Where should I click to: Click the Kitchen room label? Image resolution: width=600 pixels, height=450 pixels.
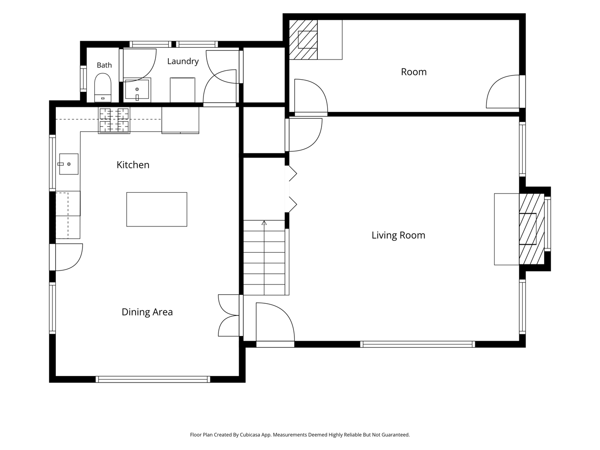[x=133, y=165]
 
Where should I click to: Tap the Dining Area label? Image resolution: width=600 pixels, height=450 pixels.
[x=147, y=312]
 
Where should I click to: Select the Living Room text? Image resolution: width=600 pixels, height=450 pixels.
[x=398, y=235]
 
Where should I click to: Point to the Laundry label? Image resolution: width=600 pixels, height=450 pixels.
[x=183, y=61]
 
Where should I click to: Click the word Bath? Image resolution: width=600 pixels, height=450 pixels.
[x=104, y=65]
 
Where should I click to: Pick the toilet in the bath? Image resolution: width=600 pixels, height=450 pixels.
[x=103, y=88]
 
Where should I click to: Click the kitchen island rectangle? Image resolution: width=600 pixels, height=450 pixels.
[x=157, y=209]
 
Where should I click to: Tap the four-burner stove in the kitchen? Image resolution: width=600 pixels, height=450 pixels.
[x=114, y=120]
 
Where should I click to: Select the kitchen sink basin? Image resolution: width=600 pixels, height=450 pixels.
[x=68, y=164]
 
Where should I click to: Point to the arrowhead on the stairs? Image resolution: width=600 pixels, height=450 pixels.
[x=264, y=223]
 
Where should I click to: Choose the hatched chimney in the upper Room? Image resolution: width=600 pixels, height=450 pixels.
[x=303, y=40]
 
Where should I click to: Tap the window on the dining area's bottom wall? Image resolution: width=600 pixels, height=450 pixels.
[x=153, y=379]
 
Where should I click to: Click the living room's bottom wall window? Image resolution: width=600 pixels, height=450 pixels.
[x=417, y=344]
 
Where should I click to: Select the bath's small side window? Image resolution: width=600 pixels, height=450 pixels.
[x=83, y=79]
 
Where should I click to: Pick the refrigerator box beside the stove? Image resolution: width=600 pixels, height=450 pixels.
[x=180, y=120]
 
